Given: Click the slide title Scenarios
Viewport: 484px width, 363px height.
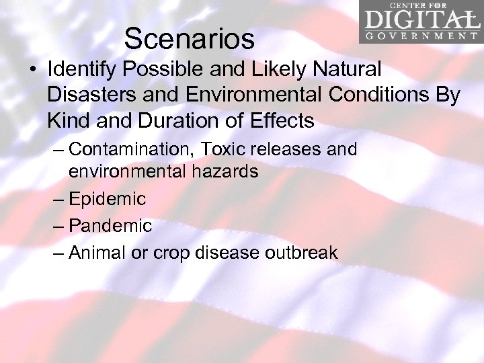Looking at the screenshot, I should point(189,39).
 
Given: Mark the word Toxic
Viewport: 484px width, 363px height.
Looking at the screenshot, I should point(236,149).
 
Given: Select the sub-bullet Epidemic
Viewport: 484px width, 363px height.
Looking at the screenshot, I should point(107,199).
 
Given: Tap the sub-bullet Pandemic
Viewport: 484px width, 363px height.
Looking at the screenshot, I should point(110,226).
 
